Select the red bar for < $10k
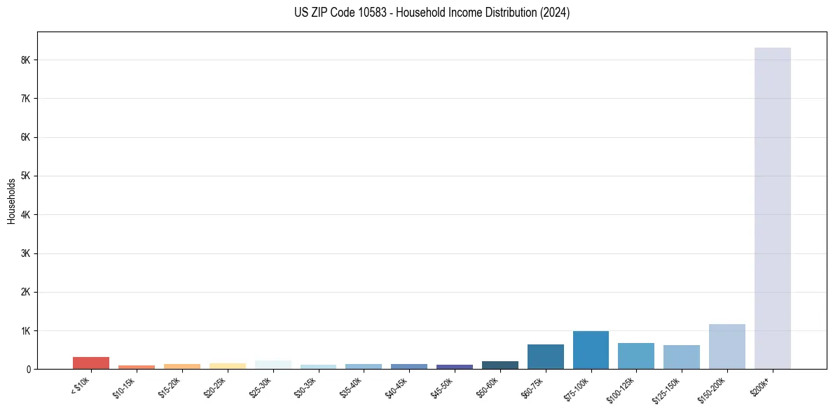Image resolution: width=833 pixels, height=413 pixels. click(91, 363)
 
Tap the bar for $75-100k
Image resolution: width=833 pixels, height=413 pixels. click(591, 350)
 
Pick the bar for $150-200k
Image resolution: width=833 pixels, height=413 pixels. click(727, 346)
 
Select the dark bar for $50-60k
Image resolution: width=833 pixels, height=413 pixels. click(500, 365)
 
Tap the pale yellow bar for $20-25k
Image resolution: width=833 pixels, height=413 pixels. click(228, 365)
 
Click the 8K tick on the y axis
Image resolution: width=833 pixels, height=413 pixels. click(26, 60)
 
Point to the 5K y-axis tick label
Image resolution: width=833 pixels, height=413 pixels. click(26, 176)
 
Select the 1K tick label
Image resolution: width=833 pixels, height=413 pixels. click(26, 330)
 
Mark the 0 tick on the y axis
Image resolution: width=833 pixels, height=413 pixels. click(28, 369)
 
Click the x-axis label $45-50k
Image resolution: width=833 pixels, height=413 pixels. click(443, 386)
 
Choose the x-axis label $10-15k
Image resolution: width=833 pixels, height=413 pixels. click(125, 386)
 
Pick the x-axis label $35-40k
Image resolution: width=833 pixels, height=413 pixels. click(352, 386)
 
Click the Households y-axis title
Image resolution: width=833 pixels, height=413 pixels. click(11, 200)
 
